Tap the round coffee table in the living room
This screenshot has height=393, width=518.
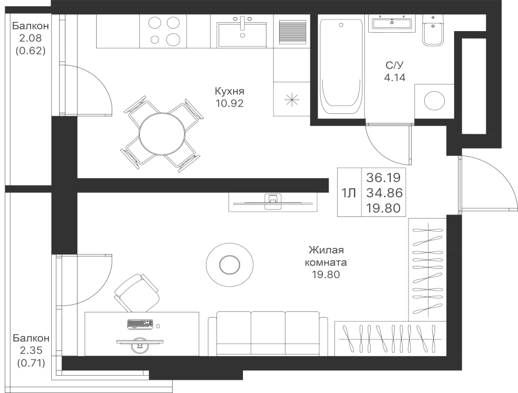click(229, 264)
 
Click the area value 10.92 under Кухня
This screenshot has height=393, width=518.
click(230, 104)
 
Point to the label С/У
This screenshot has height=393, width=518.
click(395, 66)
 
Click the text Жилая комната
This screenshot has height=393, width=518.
click(327, 256)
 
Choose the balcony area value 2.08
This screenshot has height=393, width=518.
click(30, 39)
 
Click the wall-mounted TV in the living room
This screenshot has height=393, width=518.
click(272, 201)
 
